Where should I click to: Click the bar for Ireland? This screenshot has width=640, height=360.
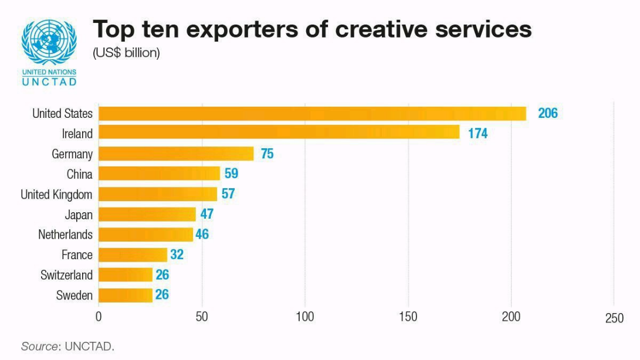pos(279,133)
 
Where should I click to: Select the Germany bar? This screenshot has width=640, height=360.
pos(176,154)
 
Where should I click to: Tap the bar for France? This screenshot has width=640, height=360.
pos(133,254)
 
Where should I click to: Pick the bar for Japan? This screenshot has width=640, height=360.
pos(147,214)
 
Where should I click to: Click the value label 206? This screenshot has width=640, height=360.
pos(547,113)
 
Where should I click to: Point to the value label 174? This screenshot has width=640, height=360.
pos(478,134)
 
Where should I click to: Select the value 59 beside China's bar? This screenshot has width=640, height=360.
pos(231,174)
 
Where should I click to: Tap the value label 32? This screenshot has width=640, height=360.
pos(177,254)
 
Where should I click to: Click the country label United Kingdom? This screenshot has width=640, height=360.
pos(56,194)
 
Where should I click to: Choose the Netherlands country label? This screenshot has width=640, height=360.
pos(65,235)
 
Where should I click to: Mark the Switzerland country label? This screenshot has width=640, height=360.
pos(66,275)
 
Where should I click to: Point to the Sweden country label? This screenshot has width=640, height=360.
pos(74,295)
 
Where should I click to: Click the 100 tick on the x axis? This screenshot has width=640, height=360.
pos(304,317)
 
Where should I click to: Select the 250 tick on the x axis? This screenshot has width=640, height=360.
pos(614,318)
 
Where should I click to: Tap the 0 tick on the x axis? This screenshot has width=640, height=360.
pos(99,317)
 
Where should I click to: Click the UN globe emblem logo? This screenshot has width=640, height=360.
pos(49,42)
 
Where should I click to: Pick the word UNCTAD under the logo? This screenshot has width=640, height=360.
pos(49,81)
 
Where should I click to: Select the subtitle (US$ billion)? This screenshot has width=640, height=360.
pos(126,53)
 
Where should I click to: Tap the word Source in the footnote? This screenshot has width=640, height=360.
pos(40,346)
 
